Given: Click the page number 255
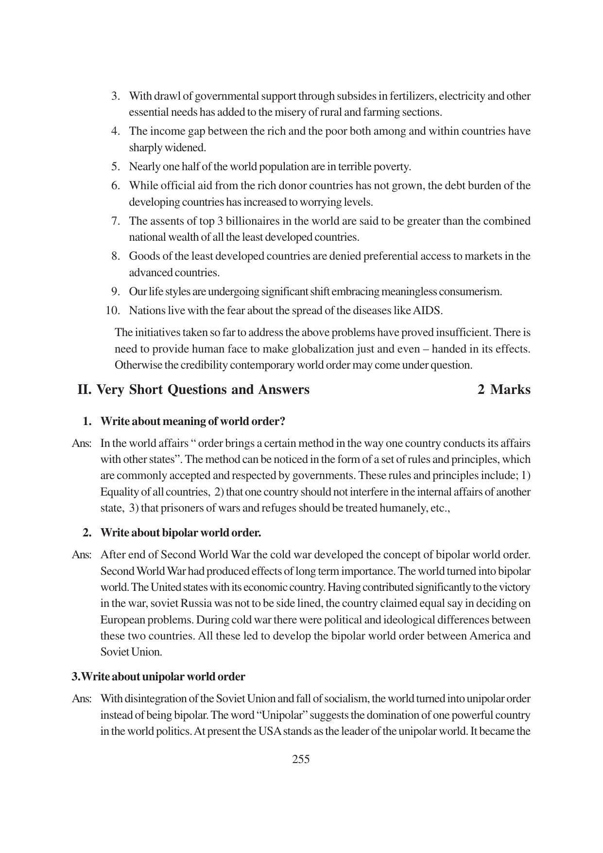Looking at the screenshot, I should pyautogui.click(x=301, y=759).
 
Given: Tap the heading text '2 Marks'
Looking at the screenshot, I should pyautogui.click(x=504, y=390).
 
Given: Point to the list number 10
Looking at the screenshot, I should pyautogui.click(x=113, y=310).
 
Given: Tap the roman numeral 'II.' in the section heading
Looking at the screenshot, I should pyautogui.click(x=85, y=390).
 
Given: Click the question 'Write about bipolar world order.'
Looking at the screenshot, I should pyautogui.click(x=180, y=533).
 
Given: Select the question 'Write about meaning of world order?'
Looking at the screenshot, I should pyautogui.click(x=192, y=421).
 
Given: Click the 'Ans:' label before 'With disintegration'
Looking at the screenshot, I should pyautogui.click(x=82, y=699).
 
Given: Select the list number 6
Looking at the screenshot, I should pyautogui.click(x=116, y=185).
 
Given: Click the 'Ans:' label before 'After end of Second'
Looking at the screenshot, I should pyautogui.click(x=82, y=555).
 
